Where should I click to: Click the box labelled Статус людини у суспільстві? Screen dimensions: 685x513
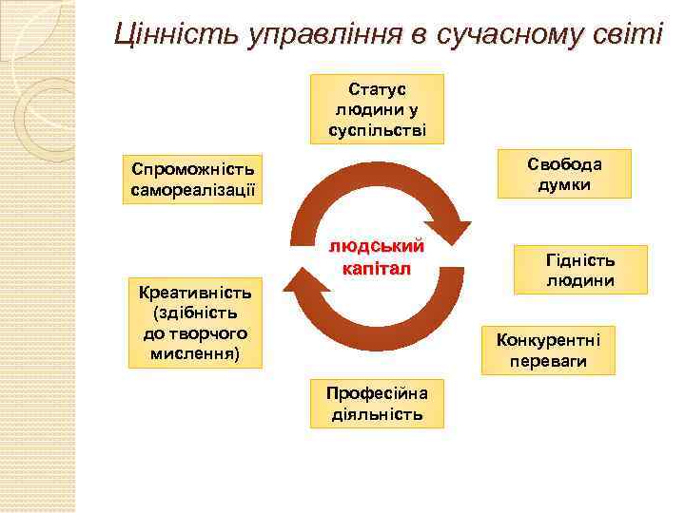[x=377, y=108]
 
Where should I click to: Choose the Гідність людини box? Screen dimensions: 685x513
[x=579, y=270]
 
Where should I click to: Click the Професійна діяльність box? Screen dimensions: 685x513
[x=377, y=403]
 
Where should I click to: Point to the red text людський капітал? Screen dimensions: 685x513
[x=377, y=256]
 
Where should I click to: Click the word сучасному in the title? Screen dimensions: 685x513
[x=496, y=35]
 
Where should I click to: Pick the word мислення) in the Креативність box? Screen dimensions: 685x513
[x=194, y=353]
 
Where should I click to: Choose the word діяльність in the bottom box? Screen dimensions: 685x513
[x=377, y=414]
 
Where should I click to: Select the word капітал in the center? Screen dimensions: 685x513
[x=377, y=268]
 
